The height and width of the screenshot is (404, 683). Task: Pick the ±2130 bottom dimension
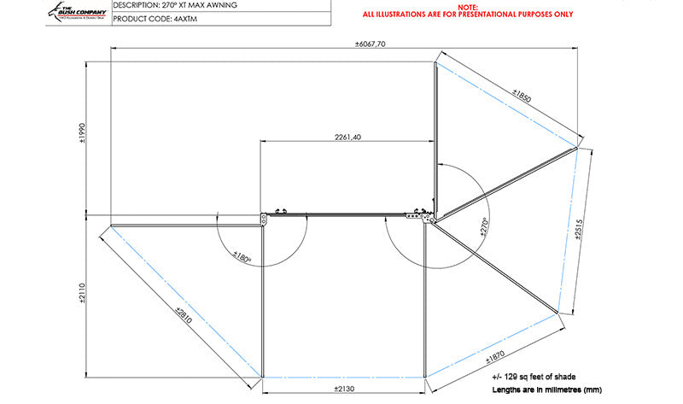(343, 388)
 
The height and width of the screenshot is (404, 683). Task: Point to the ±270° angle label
(483, 226)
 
